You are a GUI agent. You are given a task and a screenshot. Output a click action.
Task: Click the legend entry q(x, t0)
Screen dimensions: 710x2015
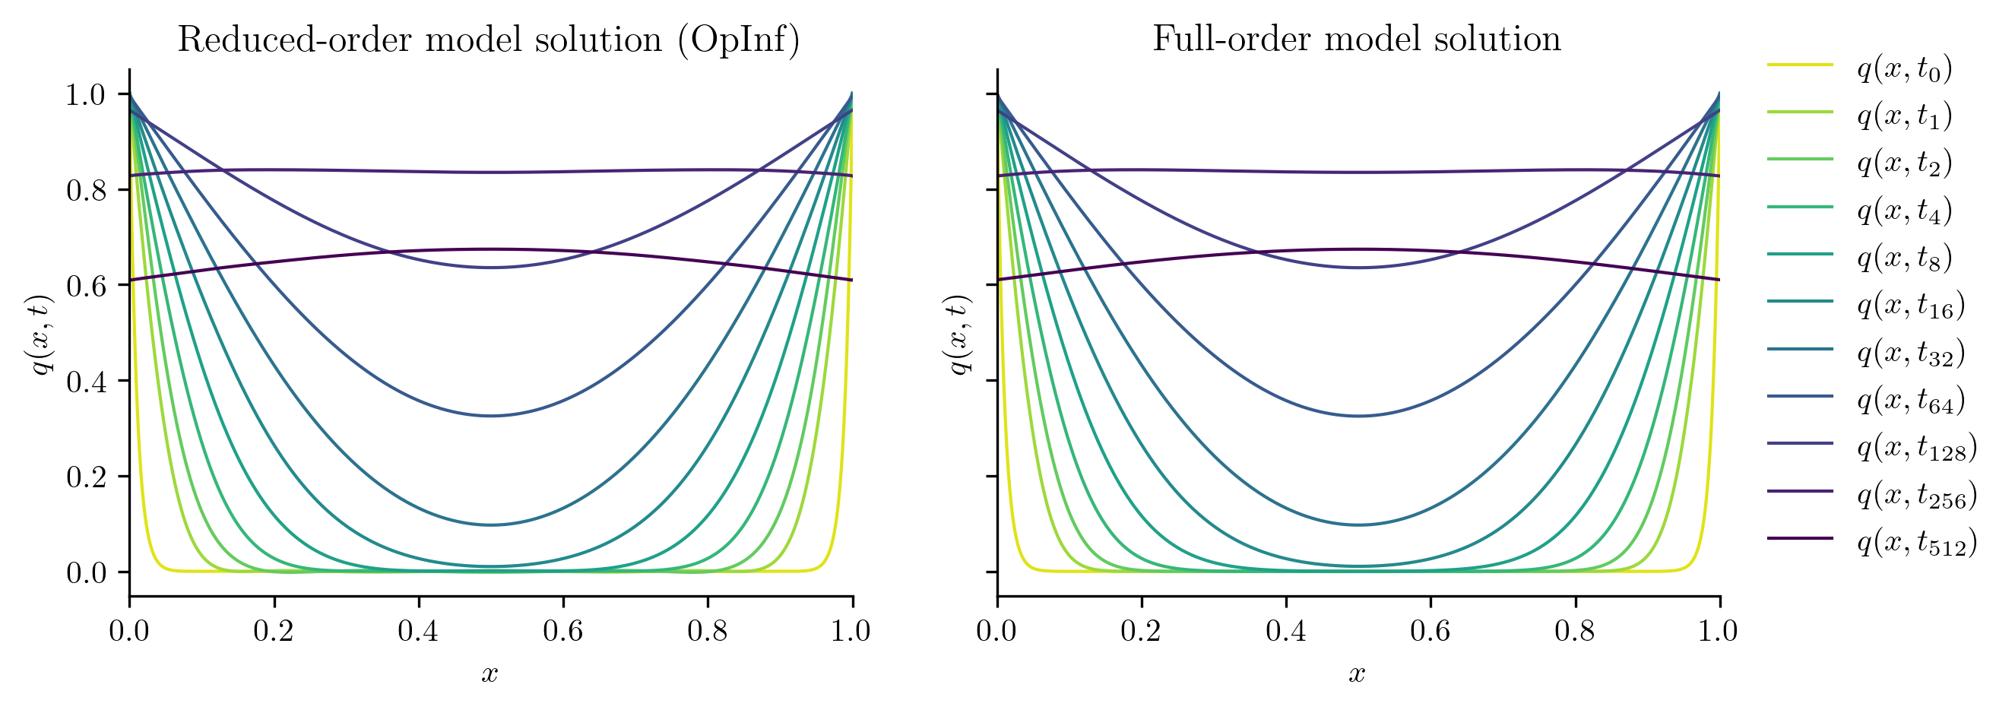(x=1904, y=70)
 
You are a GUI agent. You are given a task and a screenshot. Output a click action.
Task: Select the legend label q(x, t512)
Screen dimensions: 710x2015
(x=1916, y=542)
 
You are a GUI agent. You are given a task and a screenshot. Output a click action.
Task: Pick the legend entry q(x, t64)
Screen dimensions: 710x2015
(x=1910, y=401)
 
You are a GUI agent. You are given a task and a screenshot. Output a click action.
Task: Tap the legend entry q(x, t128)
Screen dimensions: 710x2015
(x=1916, y=447)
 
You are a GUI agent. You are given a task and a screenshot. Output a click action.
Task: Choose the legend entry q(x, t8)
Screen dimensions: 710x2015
(x=1904, y=258)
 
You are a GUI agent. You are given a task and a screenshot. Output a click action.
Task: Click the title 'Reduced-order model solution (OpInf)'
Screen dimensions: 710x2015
(x=489, y=39)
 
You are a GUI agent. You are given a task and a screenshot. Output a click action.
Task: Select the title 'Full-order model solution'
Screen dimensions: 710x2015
(x=1356, y=39)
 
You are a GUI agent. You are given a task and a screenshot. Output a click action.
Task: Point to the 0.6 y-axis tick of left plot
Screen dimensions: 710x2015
(x=86, y=285)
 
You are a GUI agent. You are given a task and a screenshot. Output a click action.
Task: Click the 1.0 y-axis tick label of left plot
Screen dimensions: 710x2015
(x=86, y=94)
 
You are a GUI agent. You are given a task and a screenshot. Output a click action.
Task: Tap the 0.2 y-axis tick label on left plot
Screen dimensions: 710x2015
(x=86, y=477)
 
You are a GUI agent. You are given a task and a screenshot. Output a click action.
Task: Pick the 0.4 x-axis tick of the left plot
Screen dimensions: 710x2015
(x=419, y=630)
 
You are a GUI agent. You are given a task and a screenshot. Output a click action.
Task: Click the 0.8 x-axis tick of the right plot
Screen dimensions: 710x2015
(x=1575, y=630)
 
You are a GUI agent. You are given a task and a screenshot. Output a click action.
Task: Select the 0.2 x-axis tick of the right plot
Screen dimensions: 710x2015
(x=1141, y=630)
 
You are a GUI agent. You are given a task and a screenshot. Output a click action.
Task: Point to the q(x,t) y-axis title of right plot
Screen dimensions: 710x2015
(x=959, y=334)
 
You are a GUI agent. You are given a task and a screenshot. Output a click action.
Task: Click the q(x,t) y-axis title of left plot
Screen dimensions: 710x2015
(x=42, y=334)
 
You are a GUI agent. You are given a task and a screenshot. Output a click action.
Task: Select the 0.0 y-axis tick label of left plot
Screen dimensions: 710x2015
(x=86, y=573)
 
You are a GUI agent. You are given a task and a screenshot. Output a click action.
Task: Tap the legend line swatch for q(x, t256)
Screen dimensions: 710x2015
(x=1799, y=491)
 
